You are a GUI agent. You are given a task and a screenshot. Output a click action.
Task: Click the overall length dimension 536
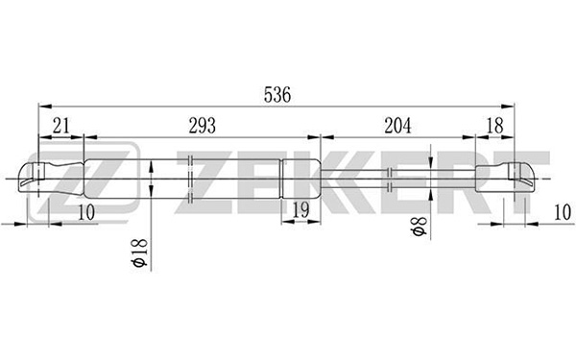coord(277,95)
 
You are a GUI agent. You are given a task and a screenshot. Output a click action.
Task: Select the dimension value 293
coord(202,126)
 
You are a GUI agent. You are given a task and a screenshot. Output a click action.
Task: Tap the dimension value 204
coord(397,126)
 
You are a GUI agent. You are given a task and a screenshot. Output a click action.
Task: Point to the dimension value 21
coord(61,126)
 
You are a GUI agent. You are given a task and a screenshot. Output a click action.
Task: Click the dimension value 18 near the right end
coord(494,126)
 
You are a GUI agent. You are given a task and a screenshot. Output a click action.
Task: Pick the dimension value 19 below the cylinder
coord(300,210)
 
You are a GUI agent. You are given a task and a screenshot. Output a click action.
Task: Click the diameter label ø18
coord(140,252)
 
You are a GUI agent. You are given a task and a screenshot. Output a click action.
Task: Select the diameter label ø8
coord(420,227)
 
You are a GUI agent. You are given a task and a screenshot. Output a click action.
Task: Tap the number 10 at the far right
coord(562,212)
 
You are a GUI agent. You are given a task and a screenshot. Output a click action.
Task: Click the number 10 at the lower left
coord(86,212)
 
